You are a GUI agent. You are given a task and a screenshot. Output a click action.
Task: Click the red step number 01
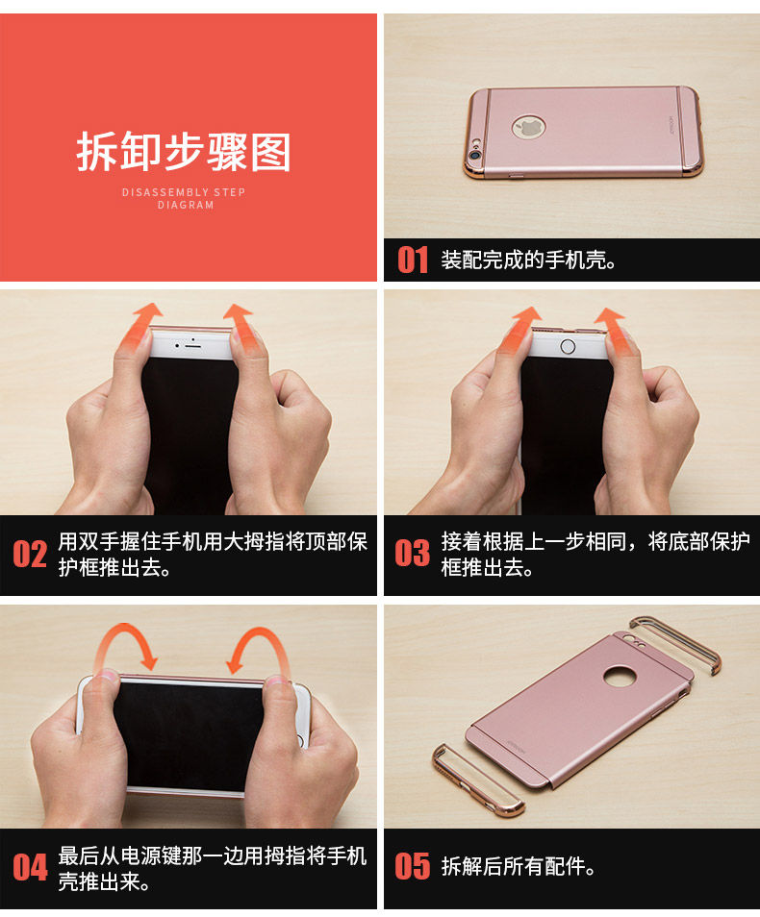coord(413,260)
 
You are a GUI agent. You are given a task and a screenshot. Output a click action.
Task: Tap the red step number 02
coord(30,554)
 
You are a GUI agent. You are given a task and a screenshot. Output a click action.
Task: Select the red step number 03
coord(412,554)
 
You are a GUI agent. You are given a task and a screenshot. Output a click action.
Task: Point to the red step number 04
coord(30,868)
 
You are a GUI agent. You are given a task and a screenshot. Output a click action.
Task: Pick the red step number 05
coord(412,867)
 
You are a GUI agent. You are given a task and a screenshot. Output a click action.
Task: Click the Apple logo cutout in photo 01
coord(529,127)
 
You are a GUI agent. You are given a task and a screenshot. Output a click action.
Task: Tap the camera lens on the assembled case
coord(473,156)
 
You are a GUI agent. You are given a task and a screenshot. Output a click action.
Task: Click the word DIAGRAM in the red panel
coord(186,205)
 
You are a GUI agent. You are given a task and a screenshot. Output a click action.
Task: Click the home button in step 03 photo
coord(568,346)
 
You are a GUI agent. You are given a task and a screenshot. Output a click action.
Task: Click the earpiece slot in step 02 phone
coord(192,346)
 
